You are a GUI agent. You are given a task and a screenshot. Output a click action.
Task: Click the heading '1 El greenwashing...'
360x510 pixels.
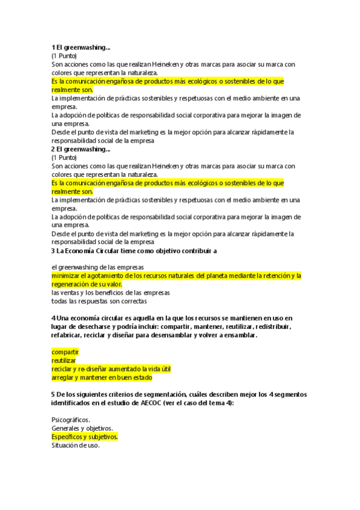(81, 47)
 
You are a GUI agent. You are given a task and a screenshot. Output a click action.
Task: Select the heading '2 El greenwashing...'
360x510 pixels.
(81, 149)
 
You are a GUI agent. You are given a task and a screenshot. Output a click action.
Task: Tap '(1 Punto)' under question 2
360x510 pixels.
(64, 157)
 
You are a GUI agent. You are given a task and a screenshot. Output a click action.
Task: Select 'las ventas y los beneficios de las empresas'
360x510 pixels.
(111, 292)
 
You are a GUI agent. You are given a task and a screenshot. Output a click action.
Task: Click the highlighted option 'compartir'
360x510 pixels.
(65, 352)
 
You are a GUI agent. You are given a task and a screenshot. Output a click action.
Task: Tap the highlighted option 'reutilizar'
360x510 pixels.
(64, 360)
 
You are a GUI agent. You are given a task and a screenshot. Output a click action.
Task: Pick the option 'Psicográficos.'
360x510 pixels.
(71, 420)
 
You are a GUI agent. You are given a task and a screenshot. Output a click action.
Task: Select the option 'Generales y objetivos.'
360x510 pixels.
(82, 428)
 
